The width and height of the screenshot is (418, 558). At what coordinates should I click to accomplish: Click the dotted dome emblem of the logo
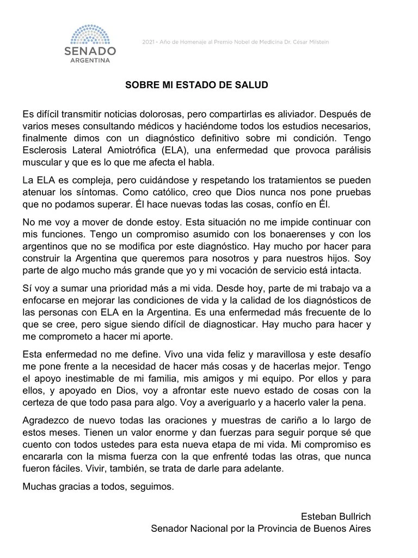(94, 34)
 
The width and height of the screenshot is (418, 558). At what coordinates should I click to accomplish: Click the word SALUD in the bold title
(254, 86)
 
